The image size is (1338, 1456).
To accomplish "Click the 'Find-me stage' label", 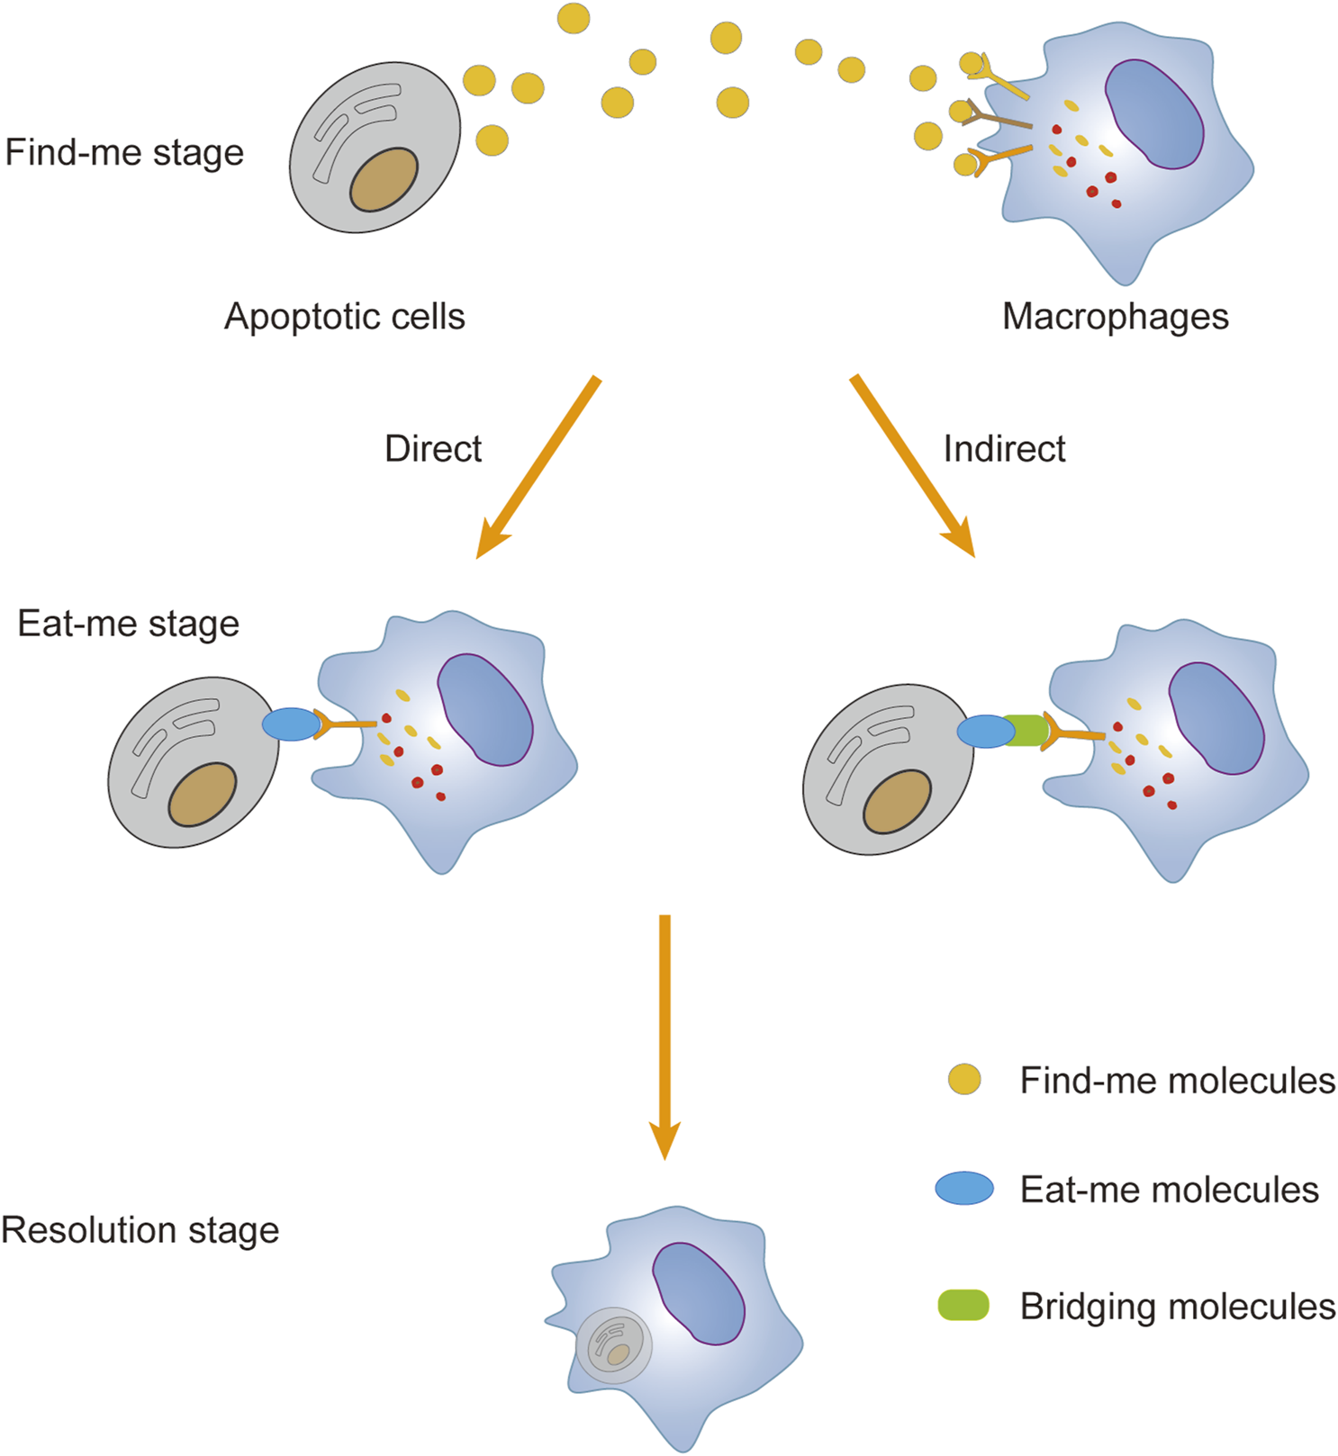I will [124, 153].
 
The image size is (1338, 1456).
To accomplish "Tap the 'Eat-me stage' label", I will [128, 624].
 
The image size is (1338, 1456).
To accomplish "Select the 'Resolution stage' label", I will [140, 1230].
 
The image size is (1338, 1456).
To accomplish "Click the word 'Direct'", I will [433, 448].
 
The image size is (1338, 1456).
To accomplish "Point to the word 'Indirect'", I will [1004, 448].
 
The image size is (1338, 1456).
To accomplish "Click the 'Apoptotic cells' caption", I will [344, 317].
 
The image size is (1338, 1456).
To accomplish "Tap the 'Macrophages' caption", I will [1115, 317].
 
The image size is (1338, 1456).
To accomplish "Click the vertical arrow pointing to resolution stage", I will [664, 1035].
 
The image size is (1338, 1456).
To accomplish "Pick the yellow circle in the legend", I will [964, 1079].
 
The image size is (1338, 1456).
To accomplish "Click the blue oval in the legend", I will [964, 1189].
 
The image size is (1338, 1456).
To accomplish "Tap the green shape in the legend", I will [963, 1305].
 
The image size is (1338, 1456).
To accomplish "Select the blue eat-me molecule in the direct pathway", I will [291, 724].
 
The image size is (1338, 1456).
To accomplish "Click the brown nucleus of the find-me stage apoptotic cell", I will [384, 180].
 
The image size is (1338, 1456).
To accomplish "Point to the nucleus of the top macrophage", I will [1155, 114].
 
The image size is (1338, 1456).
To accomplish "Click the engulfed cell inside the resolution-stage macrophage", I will [614, 1345].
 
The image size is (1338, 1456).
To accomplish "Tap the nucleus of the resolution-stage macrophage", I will [698, 1293].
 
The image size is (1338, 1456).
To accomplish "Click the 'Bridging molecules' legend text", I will [1177, 1307].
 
